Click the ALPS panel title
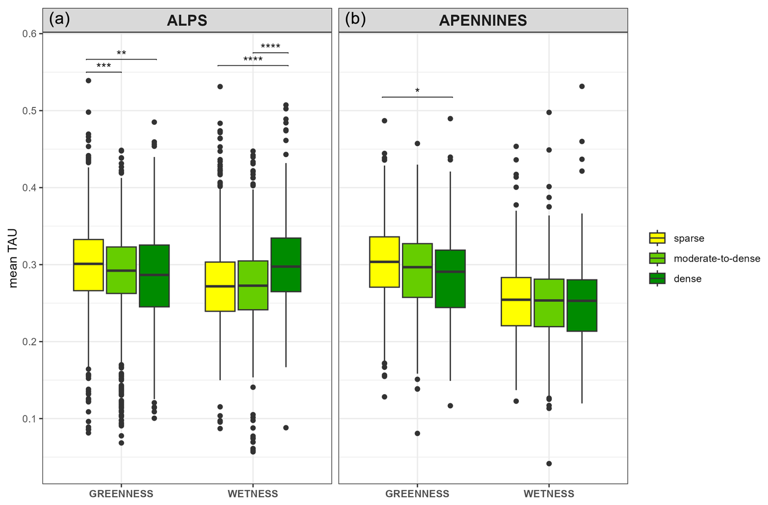tap(187, 20)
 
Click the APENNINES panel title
tap(483, 20)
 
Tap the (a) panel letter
tap(59, 19)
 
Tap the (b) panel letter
tap(355, 19)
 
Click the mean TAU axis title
tap(13, 258)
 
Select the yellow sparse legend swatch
tap(657, 238)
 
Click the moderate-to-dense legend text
tap(716, 258)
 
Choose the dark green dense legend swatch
tap(657, 279)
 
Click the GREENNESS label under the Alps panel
tap(121, 494)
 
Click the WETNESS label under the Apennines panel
tap(549, 494)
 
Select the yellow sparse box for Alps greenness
tap(88, 265)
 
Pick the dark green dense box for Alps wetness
tap(286, 264)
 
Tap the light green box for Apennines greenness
tap(417, 270)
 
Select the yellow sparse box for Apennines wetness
tap(516, 301)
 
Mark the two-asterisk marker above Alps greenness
tap(121, 53)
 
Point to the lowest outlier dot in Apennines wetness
tap(549, 464)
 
